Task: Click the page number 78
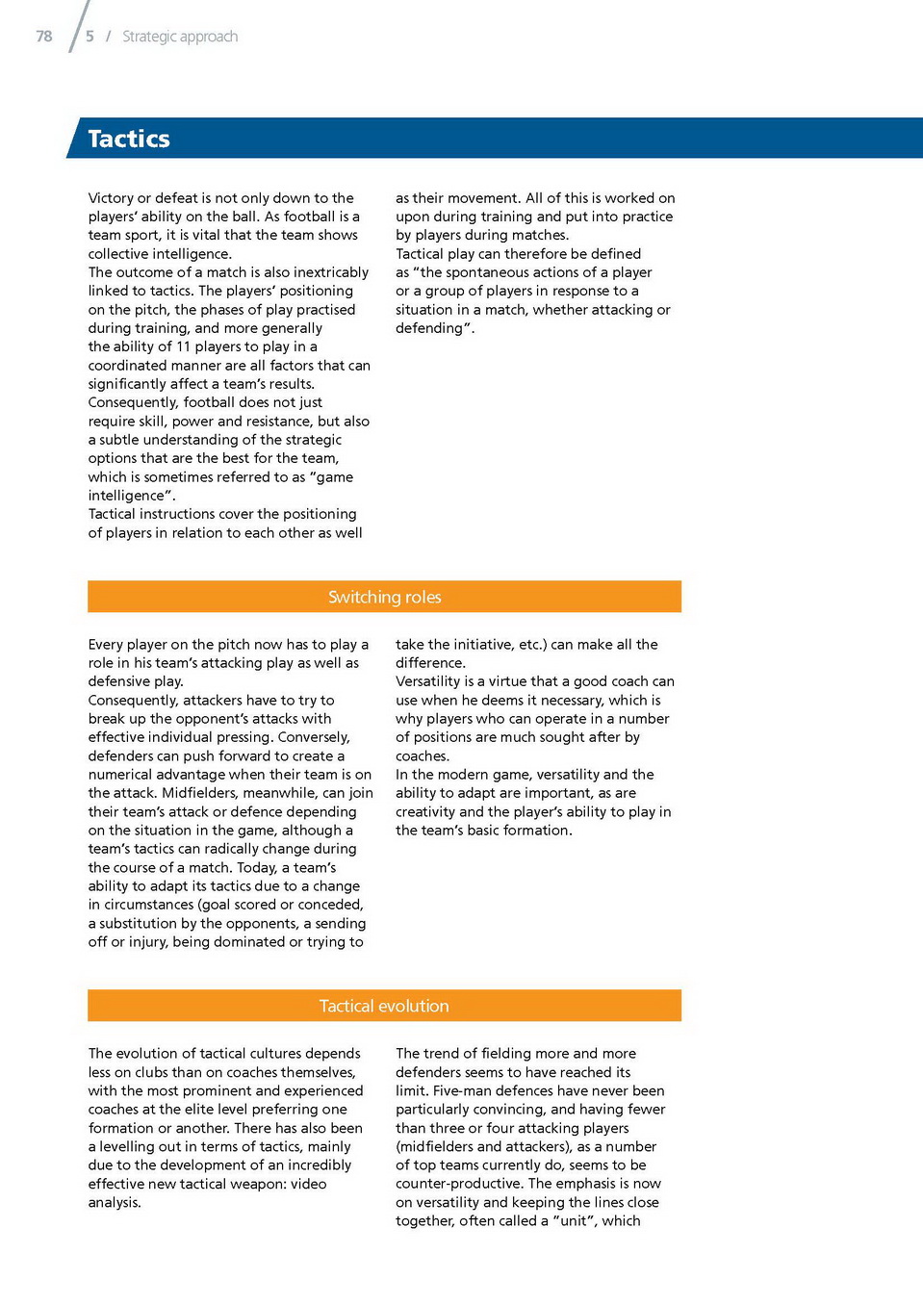44,37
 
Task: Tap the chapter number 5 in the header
90,37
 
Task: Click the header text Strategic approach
180,37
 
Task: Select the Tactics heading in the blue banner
129,139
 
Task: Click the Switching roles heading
384,597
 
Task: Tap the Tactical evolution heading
384,1006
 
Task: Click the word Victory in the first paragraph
111,198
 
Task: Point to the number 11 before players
183,346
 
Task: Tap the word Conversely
314,737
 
